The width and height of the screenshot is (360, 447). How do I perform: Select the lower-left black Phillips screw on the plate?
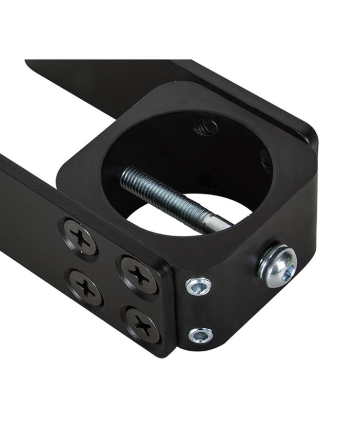(85, 287)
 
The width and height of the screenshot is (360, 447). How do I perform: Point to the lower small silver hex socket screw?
(201, 335)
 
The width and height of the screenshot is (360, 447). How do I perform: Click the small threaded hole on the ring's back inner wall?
(206, 126)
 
